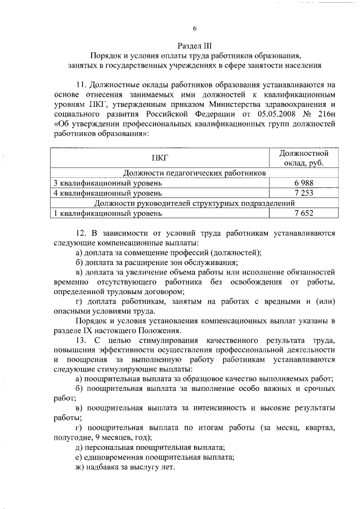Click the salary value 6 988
pos(303,183)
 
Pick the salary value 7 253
pos(303,193)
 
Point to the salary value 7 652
pos(303,213)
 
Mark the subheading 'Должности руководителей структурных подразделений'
pos(195,203)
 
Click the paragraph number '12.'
pos(81,232)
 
